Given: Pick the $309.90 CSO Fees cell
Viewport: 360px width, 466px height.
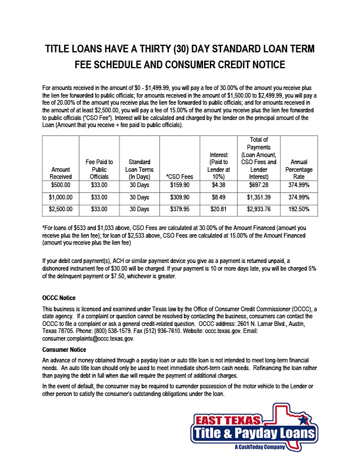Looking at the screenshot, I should click(179, 197).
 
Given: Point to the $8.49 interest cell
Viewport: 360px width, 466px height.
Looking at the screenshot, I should click(217, 197).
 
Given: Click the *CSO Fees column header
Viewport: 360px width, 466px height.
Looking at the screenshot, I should click(179, 175).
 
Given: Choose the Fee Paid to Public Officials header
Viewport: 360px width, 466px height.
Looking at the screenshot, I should click(99, 168).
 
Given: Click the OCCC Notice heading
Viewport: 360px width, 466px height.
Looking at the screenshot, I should click(59, 298).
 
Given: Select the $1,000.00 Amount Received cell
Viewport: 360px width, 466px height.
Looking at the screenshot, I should click(61, 197).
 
